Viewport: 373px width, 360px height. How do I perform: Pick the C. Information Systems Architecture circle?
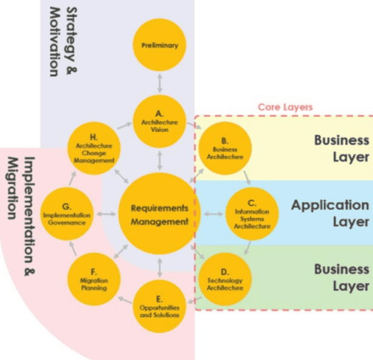tap(252, 214)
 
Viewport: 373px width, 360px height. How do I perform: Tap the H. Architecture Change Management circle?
tap(94, 149)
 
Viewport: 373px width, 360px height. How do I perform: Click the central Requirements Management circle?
tap(160, 214)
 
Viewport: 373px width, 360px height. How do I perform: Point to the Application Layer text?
tap(330, 213)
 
